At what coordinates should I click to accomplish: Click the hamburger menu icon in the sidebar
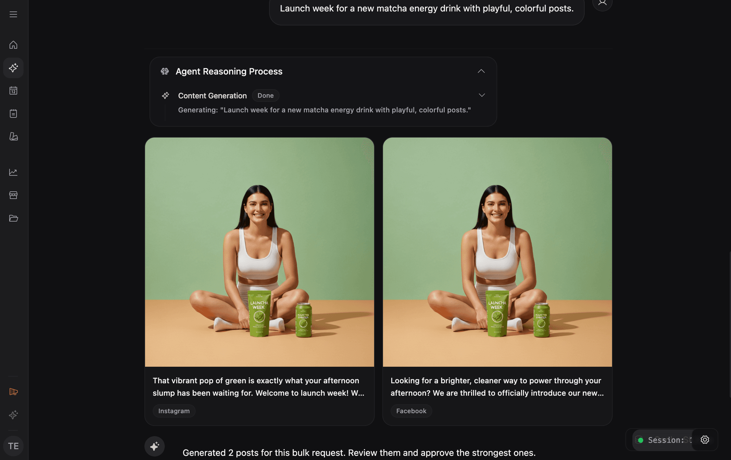tap(13, 14)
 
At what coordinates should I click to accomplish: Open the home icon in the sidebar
tap(13, 45)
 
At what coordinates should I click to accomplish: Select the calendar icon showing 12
tap(13, 91)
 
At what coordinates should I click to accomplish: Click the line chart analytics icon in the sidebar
tap(13, 172)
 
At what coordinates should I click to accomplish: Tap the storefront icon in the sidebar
tap(13, 195)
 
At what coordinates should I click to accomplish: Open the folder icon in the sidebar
tap(13, 218)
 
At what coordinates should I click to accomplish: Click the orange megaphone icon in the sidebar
tap(13, 392)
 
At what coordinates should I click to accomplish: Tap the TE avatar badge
tap(13, 446)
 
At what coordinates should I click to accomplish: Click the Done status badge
tap(265, 96)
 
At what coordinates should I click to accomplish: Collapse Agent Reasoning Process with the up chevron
tap(481, 71)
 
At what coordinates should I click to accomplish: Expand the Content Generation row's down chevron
tap(482, 95)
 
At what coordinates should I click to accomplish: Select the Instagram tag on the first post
tap(174, 411)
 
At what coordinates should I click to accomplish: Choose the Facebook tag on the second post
tap(411, 411)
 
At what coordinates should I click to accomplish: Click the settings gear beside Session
tap(705, 440)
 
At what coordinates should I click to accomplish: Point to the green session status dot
tap(641, 440)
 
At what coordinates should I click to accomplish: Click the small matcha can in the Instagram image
tap(303, 320)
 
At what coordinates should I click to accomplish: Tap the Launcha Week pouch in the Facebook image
tap(497, 314)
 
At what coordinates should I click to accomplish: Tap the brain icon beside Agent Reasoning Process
tap(165, 71)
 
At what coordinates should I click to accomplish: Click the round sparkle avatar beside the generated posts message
tap(155, 446)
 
